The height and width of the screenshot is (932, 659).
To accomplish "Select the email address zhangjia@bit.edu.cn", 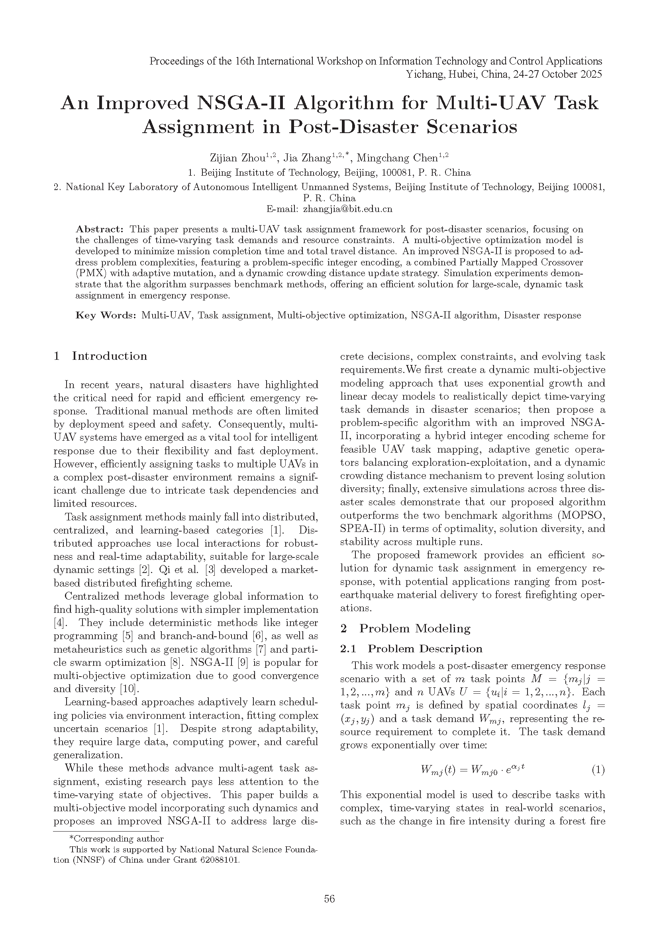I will point(347,209).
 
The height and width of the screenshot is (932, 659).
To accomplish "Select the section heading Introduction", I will point(109,356).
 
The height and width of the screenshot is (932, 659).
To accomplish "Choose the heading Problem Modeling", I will point(415,628).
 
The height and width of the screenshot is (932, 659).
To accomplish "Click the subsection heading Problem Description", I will point(425,649).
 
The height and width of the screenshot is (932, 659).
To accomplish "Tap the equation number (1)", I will point(598,770).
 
